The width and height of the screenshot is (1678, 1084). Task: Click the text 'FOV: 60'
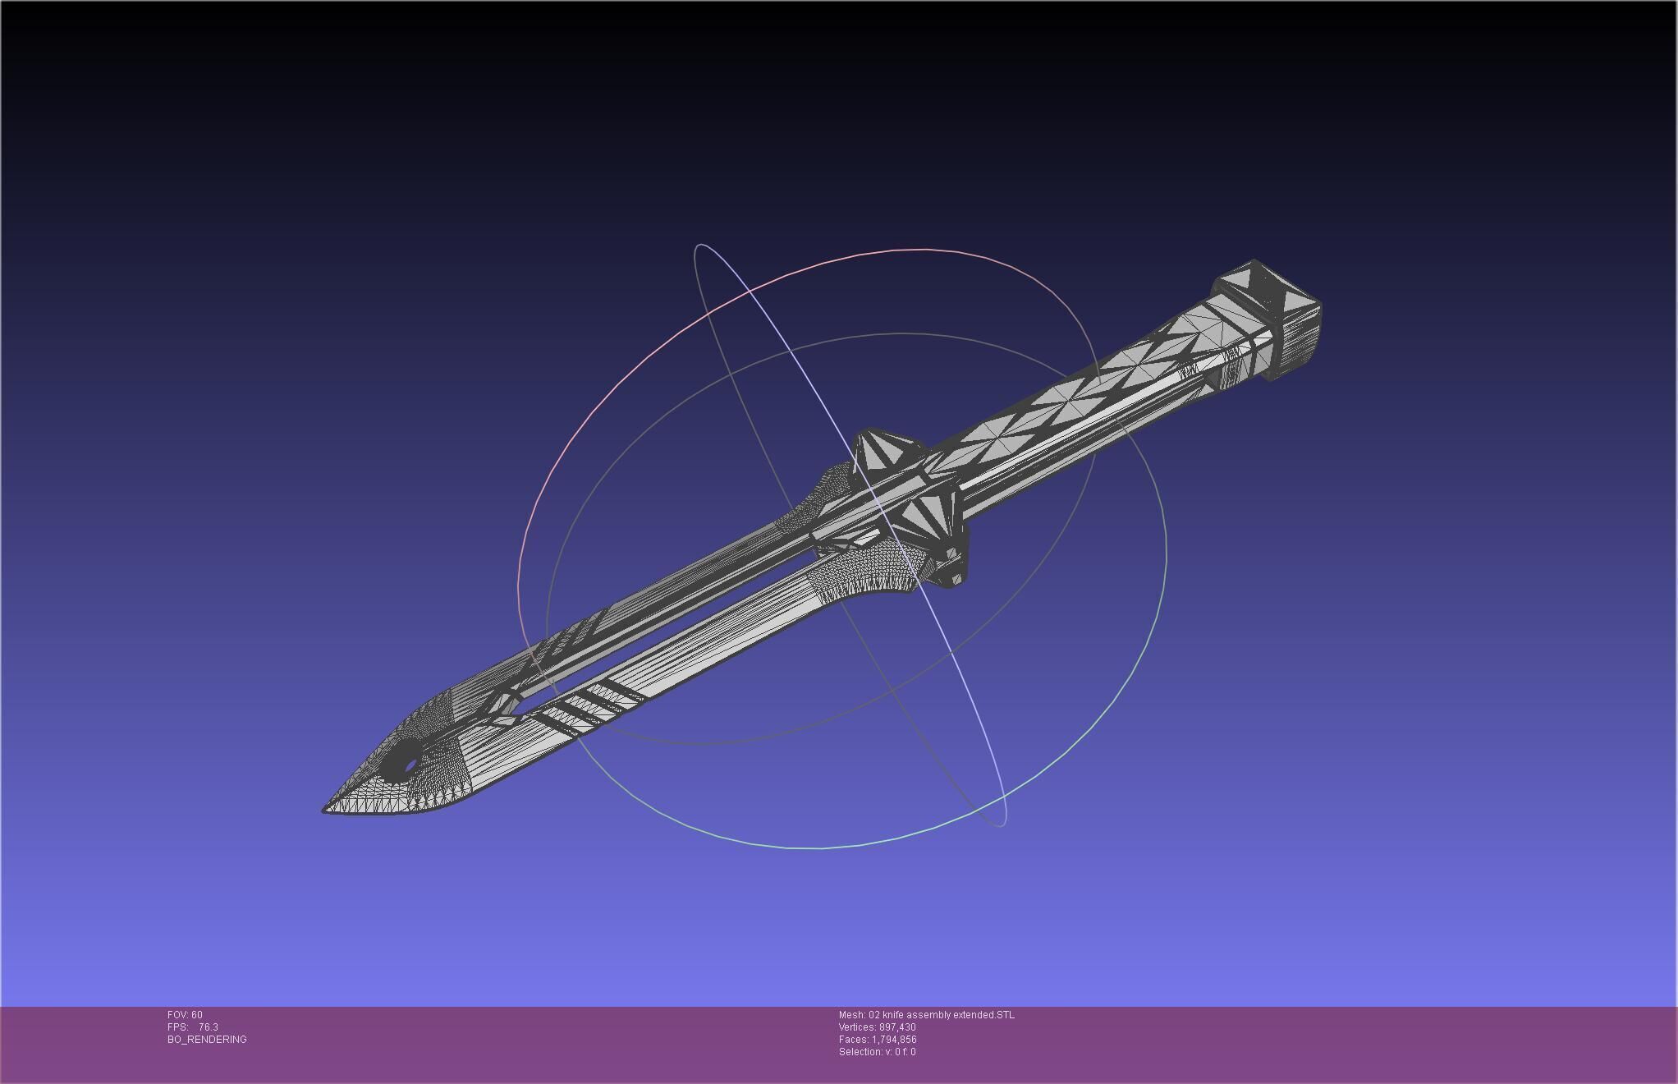click(185, 1015)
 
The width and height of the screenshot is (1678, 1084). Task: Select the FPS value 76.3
click(209, 1027)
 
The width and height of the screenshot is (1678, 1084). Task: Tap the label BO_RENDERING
click(207, 1040)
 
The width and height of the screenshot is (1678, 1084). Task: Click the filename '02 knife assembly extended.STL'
click(942, 1015)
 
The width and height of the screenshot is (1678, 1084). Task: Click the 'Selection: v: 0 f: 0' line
click(877, 1052)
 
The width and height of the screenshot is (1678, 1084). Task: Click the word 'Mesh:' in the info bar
click(851, 1015)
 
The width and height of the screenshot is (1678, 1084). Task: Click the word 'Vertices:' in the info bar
click(857, 1027)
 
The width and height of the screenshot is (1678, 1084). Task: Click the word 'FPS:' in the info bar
click(177, 1027)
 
